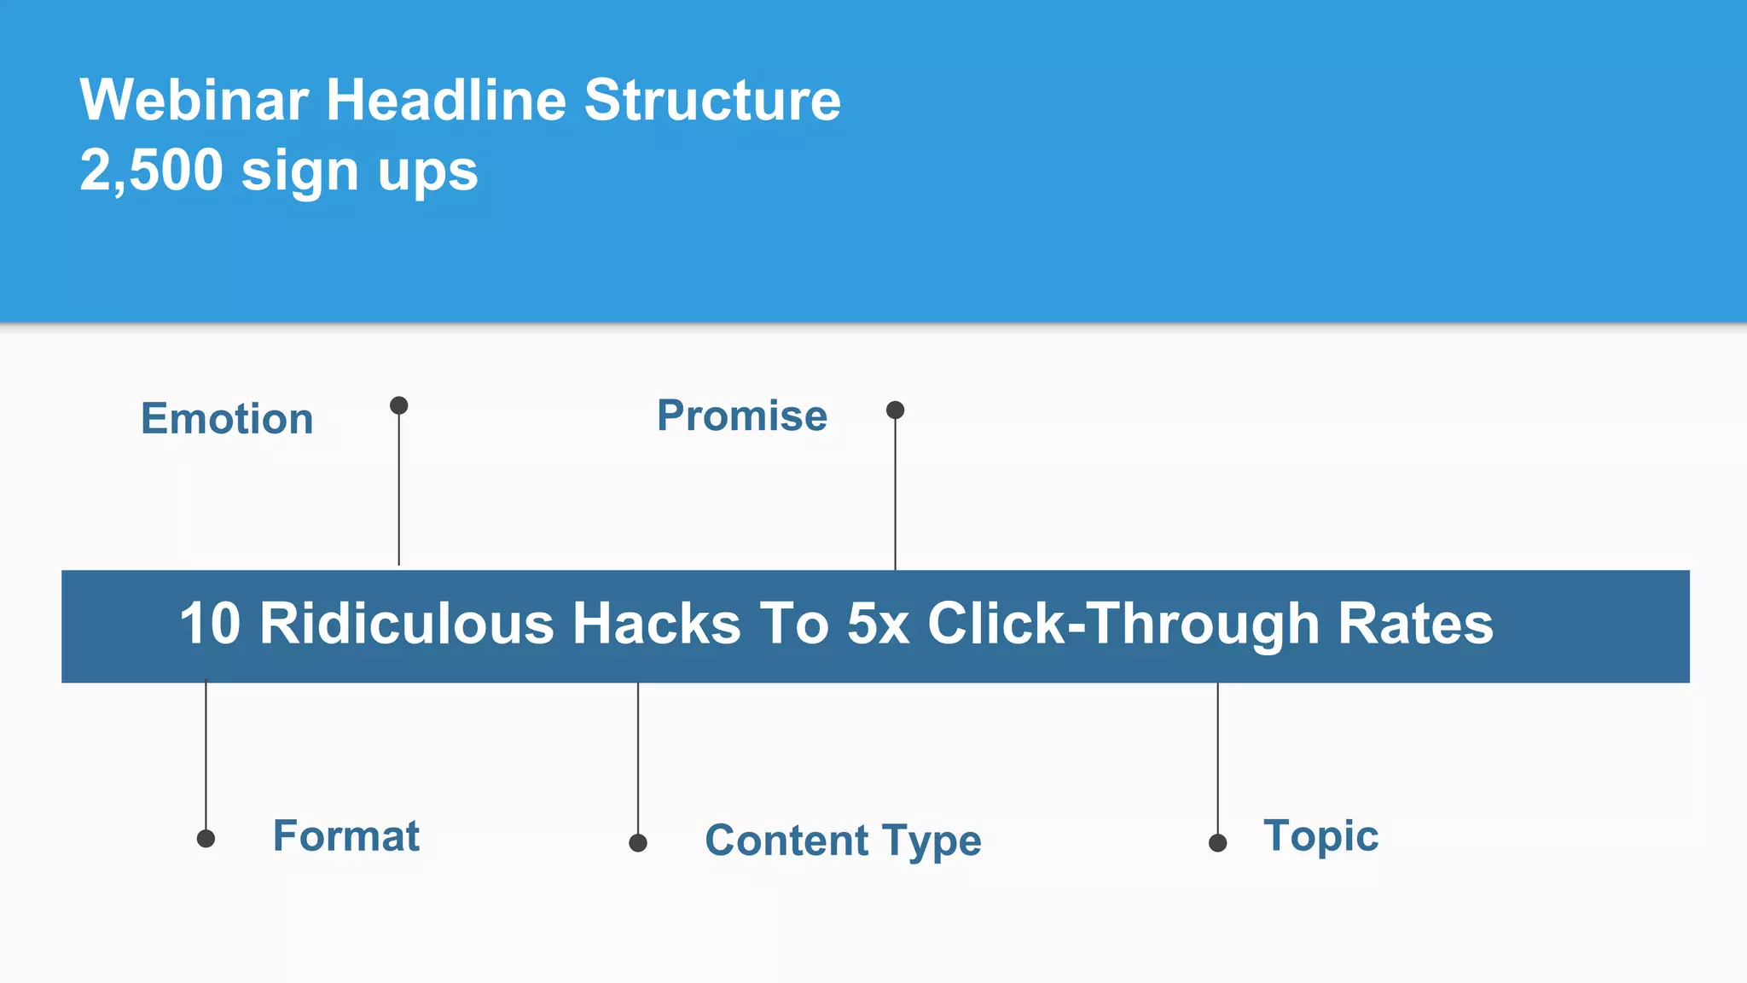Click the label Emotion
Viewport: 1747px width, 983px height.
[227, 419]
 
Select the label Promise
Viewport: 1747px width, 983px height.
[742, 416]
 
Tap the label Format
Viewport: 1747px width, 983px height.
[346, 835]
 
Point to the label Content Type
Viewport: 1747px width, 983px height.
[843, 840]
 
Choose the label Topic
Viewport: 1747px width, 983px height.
[1320, 835]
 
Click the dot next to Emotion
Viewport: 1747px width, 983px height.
[398, 405]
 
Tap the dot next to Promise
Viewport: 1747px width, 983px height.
[895, 410]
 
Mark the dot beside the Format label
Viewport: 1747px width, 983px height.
[206, 839]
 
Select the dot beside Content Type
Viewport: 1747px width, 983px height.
[638, 843]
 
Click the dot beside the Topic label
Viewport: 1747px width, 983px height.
[1218, 843]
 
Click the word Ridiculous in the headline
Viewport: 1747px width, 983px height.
[407, 624]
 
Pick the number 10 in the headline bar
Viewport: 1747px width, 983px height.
[210, 624]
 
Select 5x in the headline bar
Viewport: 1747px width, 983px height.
[878, 624]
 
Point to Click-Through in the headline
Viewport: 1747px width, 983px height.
[1123, 624]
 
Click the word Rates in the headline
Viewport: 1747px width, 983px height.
[1415, 624]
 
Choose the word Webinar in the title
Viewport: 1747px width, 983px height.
[194, 101]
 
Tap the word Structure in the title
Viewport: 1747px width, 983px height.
[712, 101]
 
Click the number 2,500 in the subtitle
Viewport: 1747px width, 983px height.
[152, 171]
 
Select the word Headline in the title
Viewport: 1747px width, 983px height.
[446, 101]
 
